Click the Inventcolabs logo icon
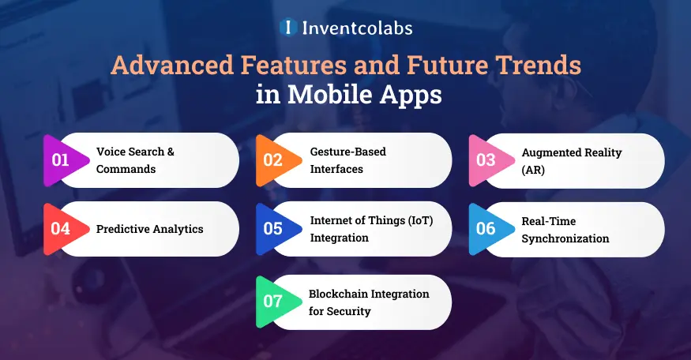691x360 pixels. (288, 28)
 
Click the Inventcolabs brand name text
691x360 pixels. (357, 28)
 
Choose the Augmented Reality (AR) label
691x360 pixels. (560, 160)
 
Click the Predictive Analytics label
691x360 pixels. (149, 229)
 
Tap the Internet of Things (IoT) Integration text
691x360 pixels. (370, 229)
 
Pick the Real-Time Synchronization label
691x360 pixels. (565, 230)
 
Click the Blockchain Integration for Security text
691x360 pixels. (369, 302)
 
